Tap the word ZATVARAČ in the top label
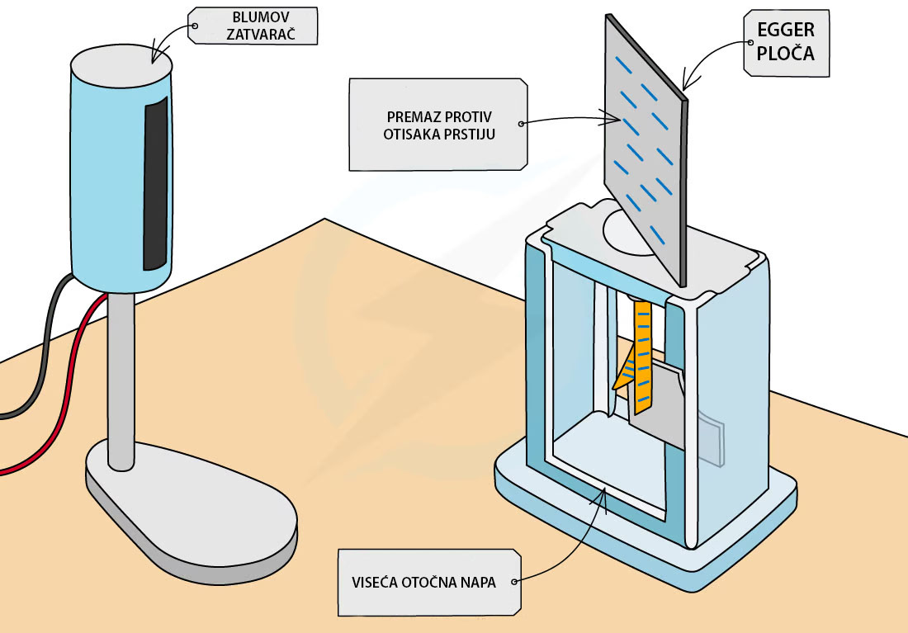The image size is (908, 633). click(x=261, y=34)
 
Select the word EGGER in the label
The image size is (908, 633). click(x=786, y=30)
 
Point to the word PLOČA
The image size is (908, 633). click(x=786, y=54)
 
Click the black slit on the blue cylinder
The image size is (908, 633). click(x=155, y=183)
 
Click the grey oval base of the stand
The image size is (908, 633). click(x=192, y=510)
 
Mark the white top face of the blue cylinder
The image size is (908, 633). click(x=121, y=66)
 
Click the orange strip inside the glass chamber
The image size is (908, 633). click(x=640, y=357)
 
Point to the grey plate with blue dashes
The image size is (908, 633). click(x=646, y=150)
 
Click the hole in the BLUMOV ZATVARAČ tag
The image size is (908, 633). click(x=195, y=26)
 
